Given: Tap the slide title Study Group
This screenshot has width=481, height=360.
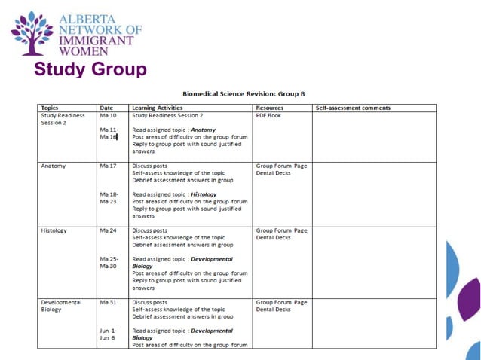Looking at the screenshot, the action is (x=90, y=70).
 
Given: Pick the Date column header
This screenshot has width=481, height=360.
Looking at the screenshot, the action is (x=106, y=108).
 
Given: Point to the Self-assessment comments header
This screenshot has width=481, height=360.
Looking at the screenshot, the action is (x=352, y=108).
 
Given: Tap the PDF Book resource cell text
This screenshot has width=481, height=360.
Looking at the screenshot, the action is (x=268, y=115).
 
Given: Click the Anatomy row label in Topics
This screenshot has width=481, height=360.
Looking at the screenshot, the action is (x=54, y=166).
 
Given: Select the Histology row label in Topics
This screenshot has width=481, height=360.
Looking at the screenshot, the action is (x=54, y=230).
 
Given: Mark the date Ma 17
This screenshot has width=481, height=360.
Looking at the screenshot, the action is (x=108, y=166).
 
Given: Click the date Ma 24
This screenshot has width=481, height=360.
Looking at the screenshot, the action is (x=108, y=230).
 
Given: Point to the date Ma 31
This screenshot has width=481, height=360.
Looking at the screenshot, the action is (x=108, y=302).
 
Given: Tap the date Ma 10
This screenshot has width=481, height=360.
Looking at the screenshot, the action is (x=108, y=115).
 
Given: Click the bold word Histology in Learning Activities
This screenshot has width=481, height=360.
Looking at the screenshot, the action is (x=203, y=194).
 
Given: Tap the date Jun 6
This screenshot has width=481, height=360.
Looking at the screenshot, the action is (x=108, y=337).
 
